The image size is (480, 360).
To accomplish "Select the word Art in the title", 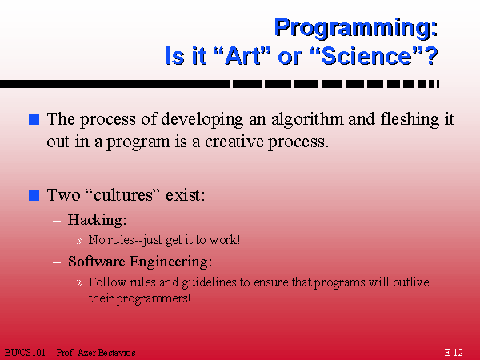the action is click(245, 56).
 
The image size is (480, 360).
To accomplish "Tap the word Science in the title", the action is click(366, 56).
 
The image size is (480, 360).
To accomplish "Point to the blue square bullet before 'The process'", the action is click(34, 120).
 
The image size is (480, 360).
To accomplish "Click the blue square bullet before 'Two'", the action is click(34, 195).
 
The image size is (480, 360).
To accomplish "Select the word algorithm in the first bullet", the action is click(307, 120).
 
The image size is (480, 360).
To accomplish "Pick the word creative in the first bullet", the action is click(234, 142).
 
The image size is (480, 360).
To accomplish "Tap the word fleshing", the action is click(410, 120).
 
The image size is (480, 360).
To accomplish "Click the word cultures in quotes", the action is click(123, 195).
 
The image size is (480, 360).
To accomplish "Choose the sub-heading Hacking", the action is click(97, 220).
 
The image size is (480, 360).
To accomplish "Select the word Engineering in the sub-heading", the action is click(170, 262).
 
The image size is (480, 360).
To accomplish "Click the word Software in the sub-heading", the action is click(97, 262).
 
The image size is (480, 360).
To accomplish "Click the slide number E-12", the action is click(454, 353).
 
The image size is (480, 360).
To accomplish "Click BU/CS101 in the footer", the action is click(25, 353).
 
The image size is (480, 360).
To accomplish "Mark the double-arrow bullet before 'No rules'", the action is click(79, 241).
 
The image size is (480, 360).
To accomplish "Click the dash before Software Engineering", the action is click(57, 262).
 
